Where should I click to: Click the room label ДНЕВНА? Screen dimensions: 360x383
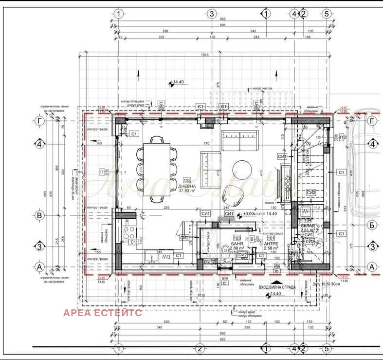coord(187,186)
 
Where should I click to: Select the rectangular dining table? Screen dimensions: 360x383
coord(157,169)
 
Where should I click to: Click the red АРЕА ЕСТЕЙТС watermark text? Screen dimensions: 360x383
coord(102,313)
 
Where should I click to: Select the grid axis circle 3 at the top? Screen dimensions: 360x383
coord(211,14)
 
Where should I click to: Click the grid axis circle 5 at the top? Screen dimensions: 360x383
coord(327,14)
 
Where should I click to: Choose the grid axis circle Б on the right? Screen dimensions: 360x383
coord(372,225)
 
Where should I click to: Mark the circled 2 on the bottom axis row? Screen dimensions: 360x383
coord(199,348)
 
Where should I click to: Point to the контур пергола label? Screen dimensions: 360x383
coord(262,89)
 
